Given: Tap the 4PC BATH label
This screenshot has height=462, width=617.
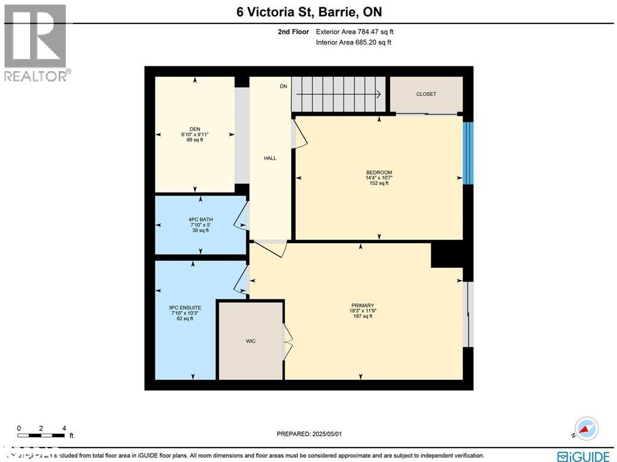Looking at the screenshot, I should pos(199,220).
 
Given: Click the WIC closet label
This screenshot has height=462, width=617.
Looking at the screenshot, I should pos(251,341).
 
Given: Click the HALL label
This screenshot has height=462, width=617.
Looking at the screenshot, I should pos(270,158).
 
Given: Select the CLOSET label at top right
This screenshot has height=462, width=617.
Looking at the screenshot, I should pos(426,94).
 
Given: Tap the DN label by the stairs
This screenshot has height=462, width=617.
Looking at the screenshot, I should pos(283,87).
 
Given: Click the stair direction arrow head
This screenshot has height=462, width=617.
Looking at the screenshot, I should pos(378,94).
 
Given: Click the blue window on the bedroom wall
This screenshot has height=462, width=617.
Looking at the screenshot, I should pos(468,153).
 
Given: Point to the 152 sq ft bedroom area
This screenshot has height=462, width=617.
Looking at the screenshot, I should pos(379,183).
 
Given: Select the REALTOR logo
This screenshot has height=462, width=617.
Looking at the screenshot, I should pos(36,43).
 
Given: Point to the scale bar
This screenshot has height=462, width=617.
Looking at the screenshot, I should pos(41,434).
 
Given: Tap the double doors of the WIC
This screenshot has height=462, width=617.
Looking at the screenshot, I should pos(287,341).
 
